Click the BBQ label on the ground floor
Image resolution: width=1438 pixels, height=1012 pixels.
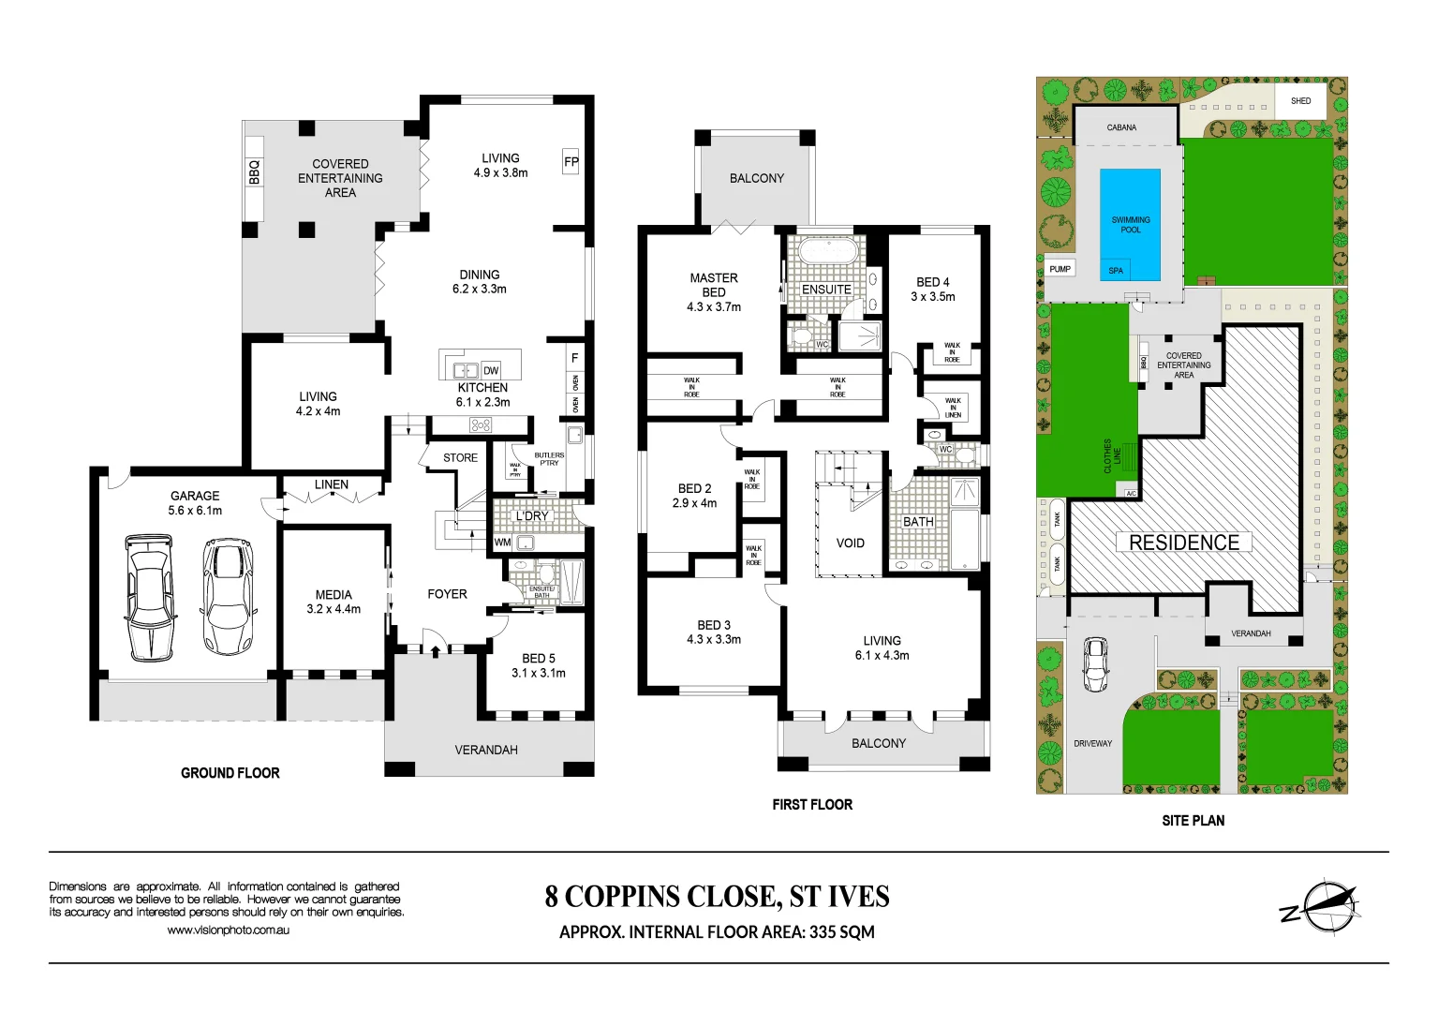[x=254, y=172]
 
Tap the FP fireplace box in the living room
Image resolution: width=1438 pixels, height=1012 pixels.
[x=571, y=161]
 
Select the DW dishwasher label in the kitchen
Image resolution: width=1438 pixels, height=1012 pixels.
[x=491, y=370]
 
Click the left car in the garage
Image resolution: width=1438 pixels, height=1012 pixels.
[x=150, y=596]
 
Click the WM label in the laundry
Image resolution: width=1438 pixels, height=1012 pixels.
[x=503, y=542]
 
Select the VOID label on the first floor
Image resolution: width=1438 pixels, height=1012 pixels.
[x=850, y=543]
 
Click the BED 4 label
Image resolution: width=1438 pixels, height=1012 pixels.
[x=933, y=282]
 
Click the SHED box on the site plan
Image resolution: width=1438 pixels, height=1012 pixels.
[x=1300, y=100]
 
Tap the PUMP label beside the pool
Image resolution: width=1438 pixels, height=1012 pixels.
[x=1060, y=269]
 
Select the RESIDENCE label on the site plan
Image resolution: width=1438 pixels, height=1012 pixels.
[x=1184, y=543]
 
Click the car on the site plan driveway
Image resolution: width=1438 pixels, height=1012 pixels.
[x=1095, y=664]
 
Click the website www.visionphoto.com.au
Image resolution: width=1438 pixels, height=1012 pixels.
[x=228, y=930]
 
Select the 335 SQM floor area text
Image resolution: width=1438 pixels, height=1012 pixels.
[x=842, y=931]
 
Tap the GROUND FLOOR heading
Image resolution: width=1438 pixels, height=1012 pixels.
[x=230, y=773]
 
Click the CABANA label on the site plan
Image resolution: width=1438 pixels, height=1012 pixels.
[x=1121, y=127]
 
